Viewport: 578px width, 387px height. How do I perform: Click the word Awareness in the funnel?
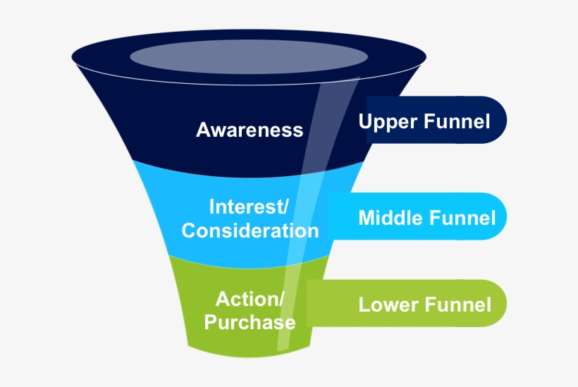click(x=250, y=130)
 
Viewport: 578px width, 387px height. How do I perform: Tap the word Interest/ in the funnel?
click(x=249, y=207)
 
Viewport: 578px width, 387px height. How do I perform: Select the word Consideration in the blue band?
click(x=250, y=231)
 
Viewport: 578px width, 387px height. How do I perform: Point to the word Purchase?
click(x=250, y=322)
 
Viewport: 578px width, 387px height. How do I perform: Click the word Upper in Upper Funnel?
click(x=388, y=122)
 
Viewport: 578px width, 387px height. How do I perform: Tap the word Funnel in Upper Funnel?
click(x=457, y=122)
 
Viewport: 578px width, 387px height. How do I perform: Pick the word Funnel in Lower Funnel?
click(x=458, y=305)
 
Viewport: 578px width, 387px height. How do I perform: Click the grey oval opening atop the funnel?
click(x=249, y=56)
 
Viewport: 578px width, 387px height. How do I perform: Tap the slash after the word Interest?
click(x=285, y=207)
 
